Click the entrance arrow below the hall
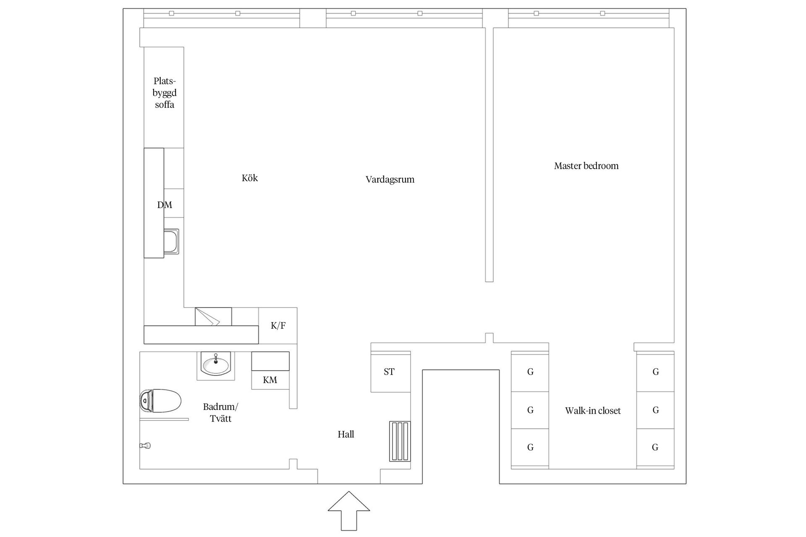349,510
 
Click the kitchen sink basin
171,241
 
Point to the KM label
270,380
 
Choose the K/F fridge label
278,326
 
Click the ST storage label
389,372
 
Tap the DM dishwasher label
165,205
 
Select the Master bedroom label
586,166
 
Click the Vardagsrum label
390,180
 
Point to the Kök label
250,178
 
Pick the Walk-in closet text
593,411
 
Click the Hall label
346,434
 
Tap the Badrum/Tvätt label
220,412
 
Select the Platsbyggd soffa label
165,93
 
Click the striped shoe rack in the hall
399,441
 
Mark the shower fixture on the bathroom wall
145,446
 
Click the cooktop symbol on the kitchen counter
213,316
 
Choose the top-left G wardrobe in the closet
530,372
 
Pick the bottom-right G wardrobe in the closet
655,448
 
